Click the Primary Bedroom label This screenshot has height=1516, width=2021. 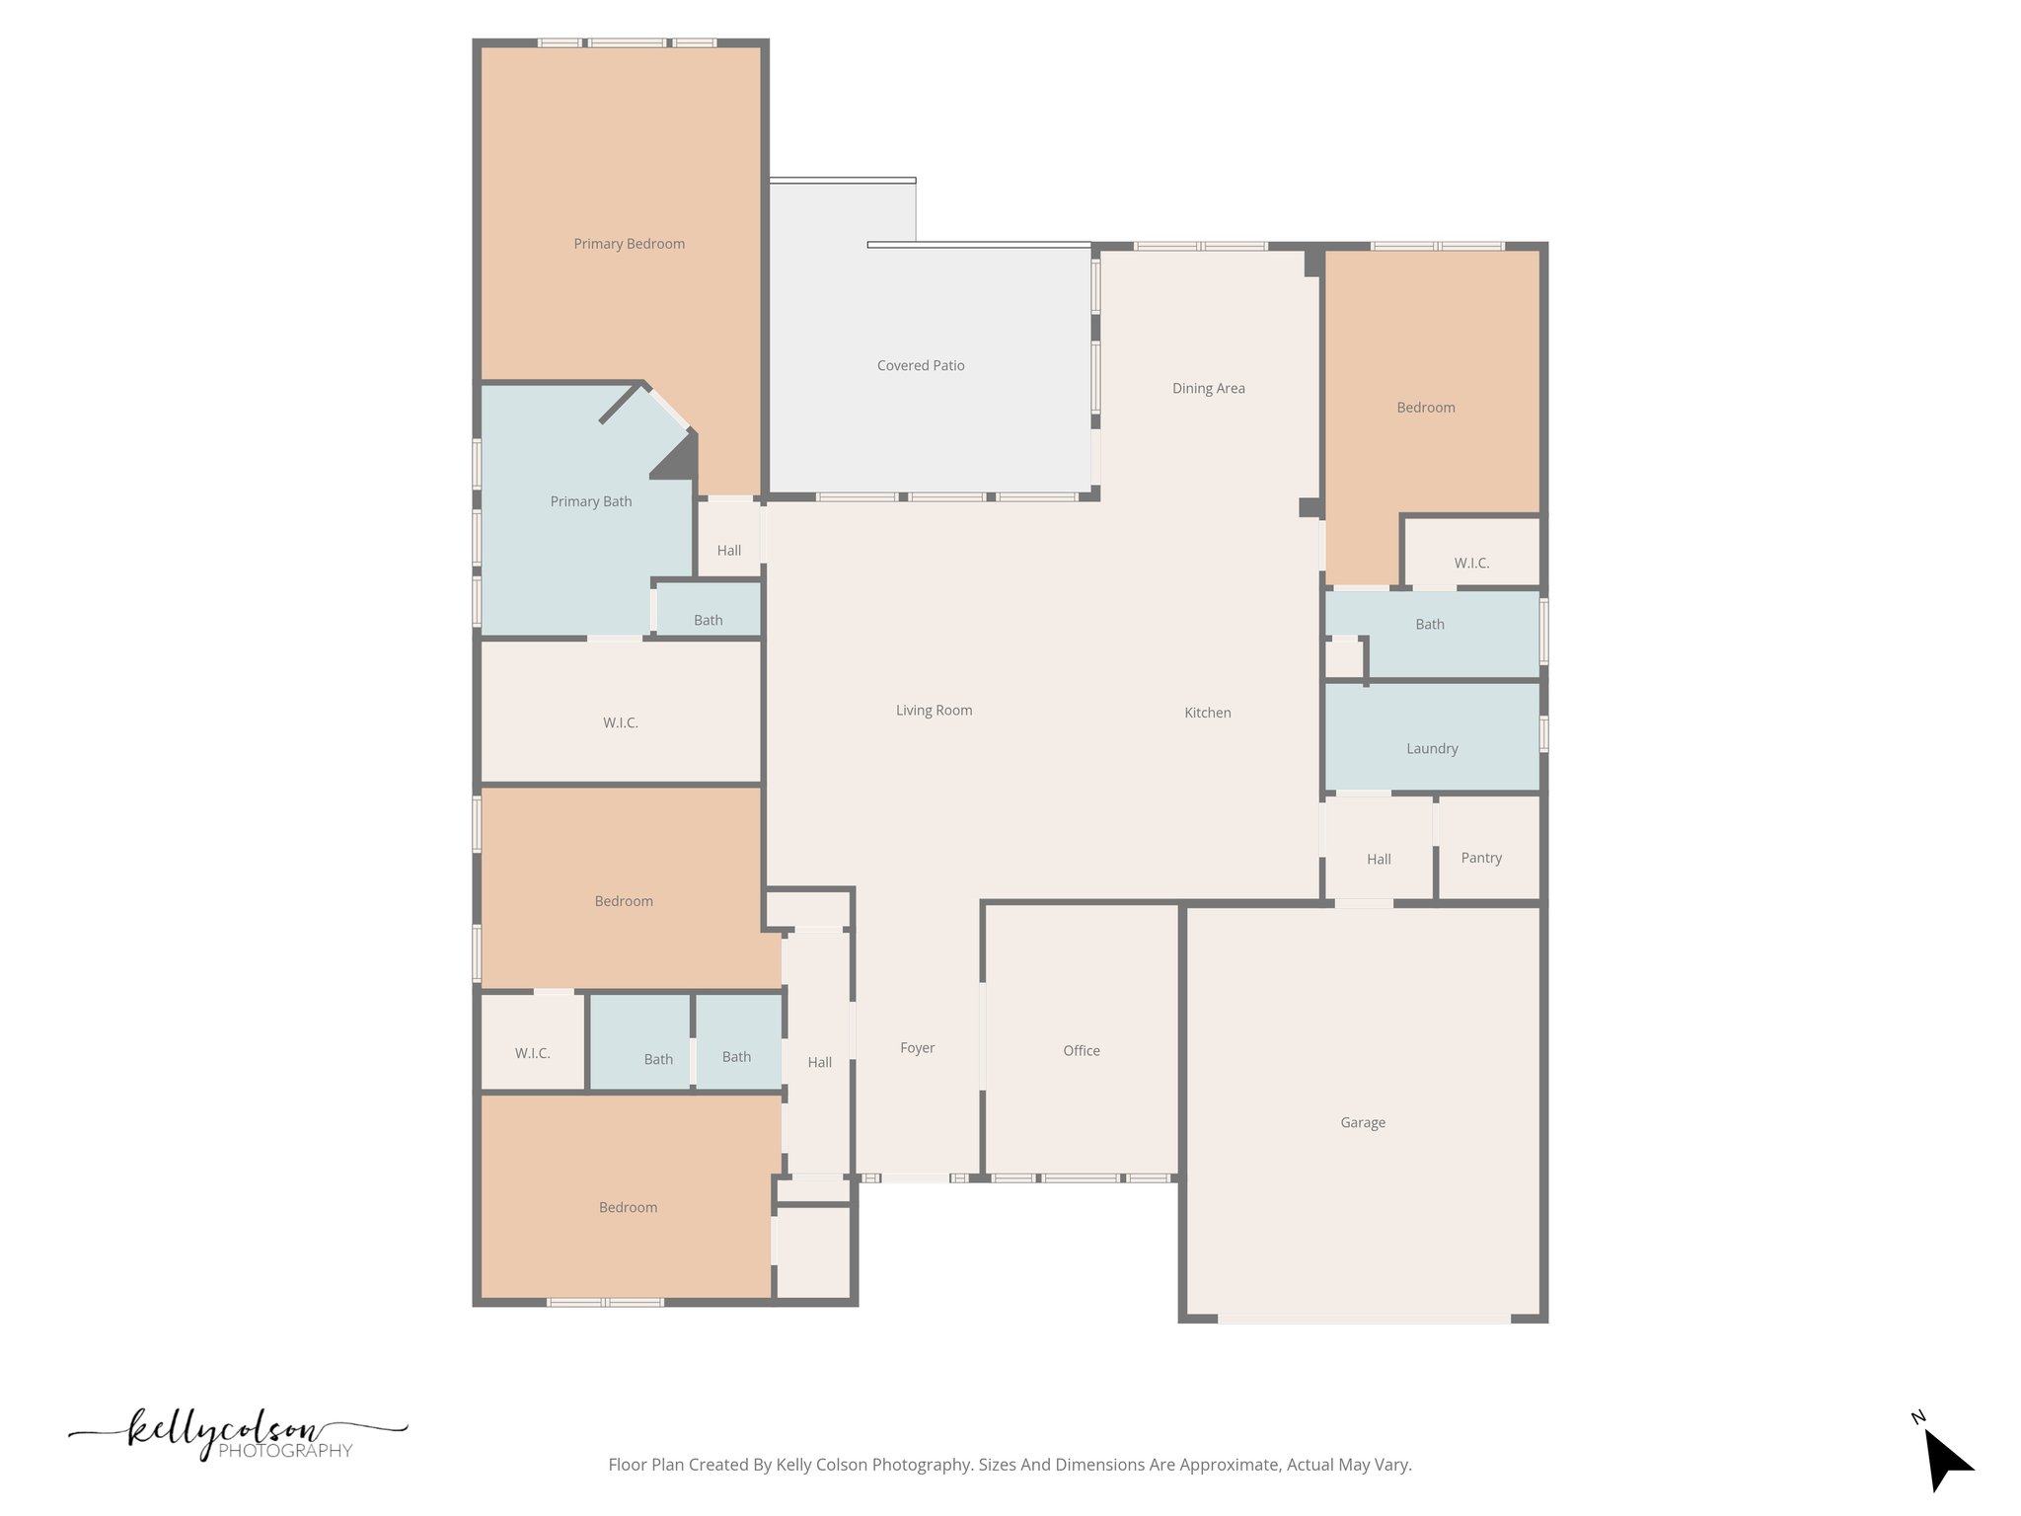(x=629, y=244)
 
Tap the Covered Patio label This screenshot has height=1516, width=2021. (x=921, y=365)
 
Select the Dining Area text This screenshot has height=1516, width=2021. (x=1208, y=388)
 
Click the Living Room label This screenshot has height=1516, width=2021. (x=934, y=710)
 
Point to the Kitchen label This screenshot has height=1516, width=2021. (x=1207, y=713)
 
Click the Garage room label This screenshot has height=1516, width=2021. (x=1362, y=1122)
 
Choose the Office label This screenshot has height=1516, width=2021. (x=1081, y=1050)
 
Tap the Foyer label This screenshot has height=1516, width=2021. (x=917, y=1047)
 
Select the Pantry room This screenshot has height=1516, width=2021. (x=1481, y=858)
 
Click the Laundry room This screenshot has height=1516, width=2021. (x=1431, y=748)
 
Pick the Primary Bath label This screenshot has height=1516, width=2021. (x=590, y=501)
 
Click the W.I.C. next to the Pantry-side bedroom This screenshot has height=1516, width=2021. (x=1470, y=563)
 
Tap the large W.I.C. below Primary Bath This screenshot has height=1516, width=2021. (x=620, y=722)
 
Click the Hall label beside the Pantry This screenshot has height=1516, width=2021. (x=1379, y=859)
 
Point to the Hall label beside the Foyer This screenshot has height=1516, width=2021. (x=819, y=1062)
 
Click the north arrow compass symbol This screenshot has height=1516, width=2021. (x=1946, y=1461)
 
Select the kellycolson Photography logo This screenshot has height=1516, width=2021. (x=237, y=1435)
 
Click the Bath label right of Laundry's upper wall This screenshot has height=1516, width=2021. (x=1429, y=624)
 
